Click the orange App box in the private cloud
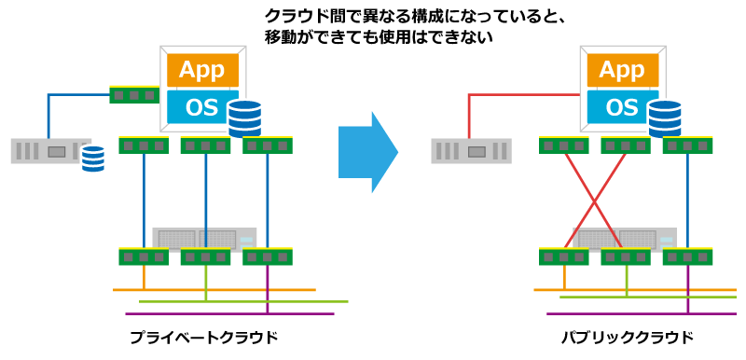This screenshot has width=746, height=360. pyautogui.click(x=202, y=70)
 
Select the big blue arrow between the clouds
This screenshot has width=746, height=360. pyautogui.click(x=368, y=152)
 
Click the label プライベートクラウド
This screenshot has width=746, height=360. pyautogui.click(x=203, y=338)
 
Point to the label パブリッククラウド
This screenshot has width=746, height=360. pyautogui.click(x=628, y=338)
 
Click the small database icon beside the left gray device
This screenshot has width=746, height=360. pyautogui.click(x=92, y=159)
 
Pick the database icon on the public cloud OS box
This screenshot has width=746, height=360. pyautogui.click(x=665, y=118)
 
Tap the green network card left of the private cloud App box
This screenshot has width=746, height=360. pyautogui.click(x=134, y=94)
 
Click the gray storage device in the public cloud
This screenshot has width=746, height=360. pyautogui.click(x=472, y=151)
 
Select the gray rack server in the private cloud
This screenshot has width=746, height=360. pyautogui.click(x=204, y=238)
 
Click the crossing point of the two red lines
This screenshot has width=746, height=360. pyautogui.click(x=595, y=201)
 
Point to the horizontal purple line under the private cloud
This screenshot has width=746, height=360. pyautogui.click(x=229, y=314)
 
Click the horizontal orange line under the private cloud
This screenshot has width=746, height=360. pyautogui.click(x=214, y=289)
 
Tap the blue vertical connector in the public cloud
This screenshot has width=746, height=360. pyautogui.click(x=687, y=201)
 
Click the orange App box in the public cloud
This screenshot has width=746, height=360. pyautogui.click(x=623, y=70)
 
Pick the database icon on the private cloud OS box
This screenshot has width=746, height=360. pyautogui.click(x=244, y=118)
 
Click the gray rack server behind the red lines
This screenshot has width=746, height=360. pyautogui.click(x=624, y=238)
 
